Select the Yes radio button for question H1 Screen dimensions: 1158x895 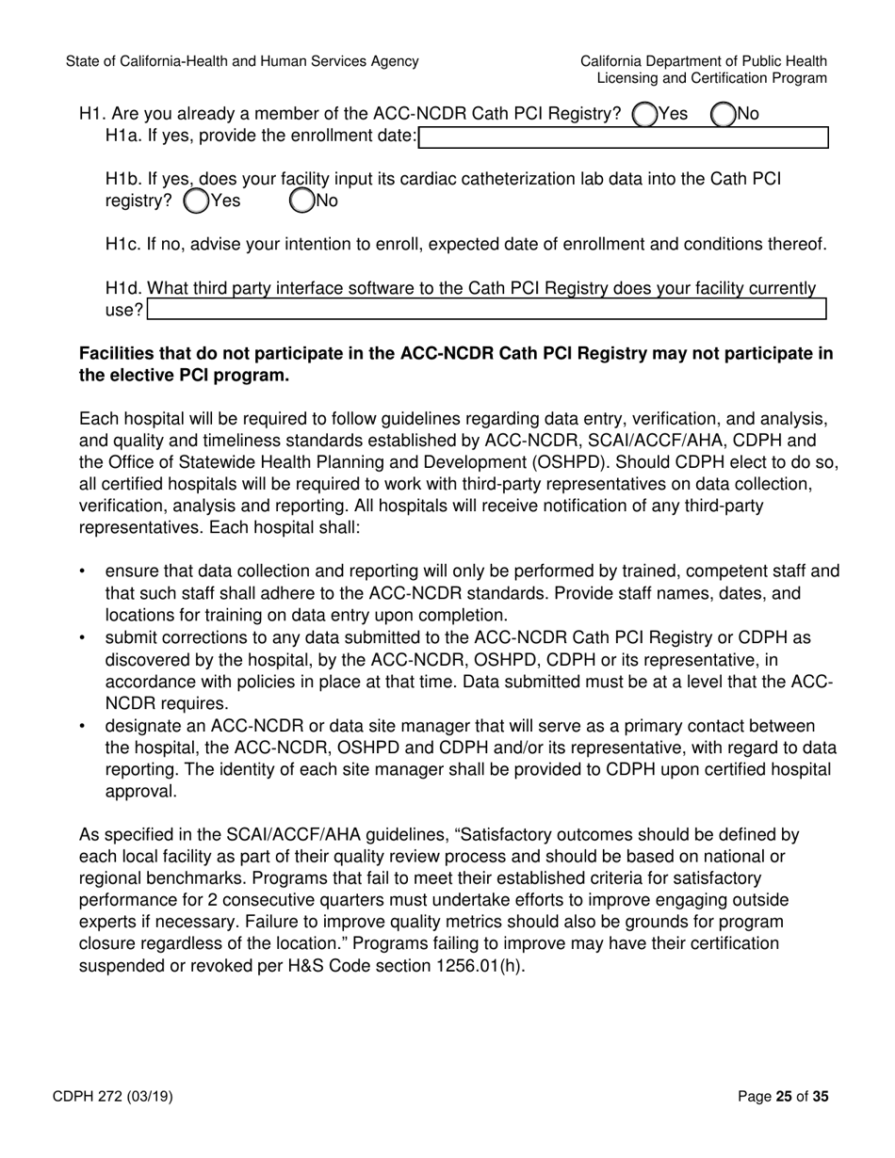tap(644, 114)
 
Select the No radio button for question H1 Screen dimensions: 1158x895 tap(723, 114)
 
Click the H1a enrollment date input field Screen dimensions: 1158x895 tap(623, 137)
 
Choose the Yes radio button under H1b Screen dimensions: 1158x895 tap(196, 201)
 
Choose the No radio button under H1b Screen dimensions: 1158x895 tap(301, 201)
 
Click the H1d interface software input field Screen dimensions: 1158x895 tap(487, 310)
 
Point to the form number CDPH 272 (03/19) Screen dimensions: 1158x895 tap(119, 1096)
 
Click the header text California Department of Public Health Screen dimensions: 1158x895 tap(704, 61)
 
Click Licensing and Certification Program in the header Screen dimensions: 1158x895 tap(711, 79)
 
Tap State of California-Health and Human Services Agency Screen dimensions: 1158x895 tap(242, 61)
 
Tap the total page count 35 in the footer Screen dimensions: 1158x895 tap(821, 1096)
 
